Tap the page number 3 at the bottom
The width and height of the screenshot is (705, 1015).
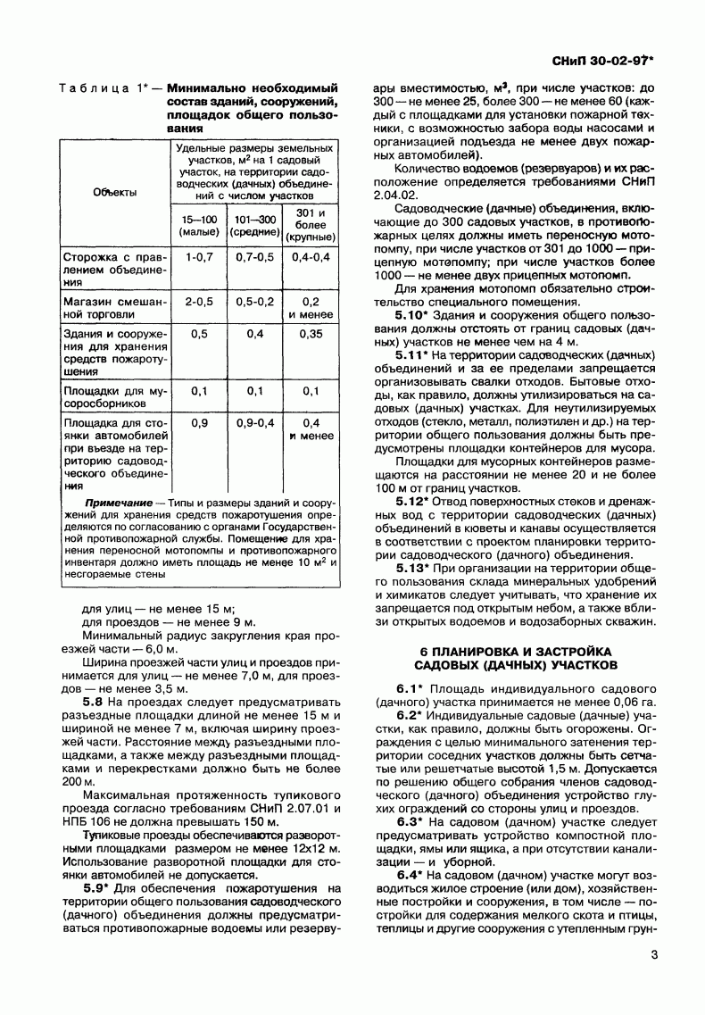pyautogui.click(x=654, y=957)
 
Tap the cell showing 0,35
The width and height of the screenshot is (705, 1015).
pyautogui.click(x=311, y=334)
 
